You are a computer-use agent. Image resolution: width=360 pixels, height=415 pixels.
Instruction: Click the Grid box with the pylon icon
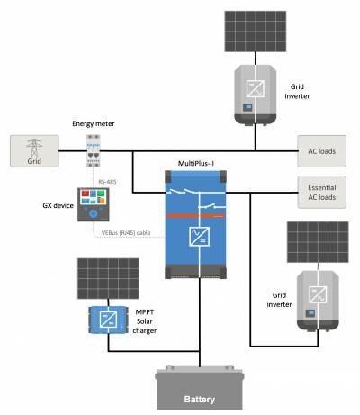pos(34,150)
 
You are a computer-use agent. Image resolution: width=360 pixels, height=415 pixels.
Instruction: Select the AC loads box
pos(321,150)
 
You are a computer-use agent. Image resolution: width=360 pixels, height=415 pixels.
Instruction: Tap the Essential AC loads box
pos(321,192)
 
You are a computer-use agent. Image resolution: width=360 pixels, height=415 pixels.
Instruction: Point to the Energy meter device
pos(95,149)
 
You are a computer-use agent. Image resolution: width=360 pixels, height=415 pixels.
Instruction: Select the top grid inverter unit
pos(255,93)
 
